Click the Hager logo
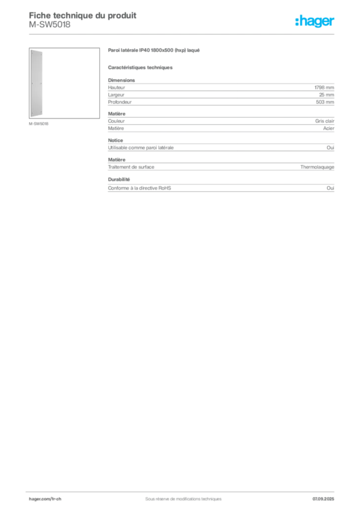[x=315, y=21]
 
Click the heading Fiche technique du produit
[x=83, y=15]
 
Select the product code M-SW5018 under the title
[x=50, y=25]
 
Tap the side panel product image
[x=64, y=83]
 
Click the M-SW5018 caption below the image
[x=39, y=124]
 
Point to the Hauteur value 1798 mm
[x=324, y=87]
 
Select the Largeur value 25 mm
[x=326, y=95]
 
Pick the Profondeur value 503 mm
[x=325, y=102]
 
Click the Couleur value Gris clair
[x=325, y=121]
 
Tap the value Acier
[x=329, y=128]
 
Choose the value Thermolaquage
[x=317, y=167]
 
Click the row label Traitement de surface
[x=131, y=167]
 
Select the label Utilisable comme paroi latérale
[x=141, y=147]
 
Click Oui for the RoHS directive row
[x=330, y=188]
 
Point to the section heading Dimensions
[x=121, y=80]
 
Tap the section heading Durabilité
[x=119, y=179]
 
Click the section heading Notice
[x=115, y=140]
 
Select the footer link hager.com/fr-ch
[x=45, y=499]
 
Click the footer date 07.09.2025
[x=323, y=499]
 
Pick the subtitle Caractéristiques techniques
[x=140, y=68]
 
